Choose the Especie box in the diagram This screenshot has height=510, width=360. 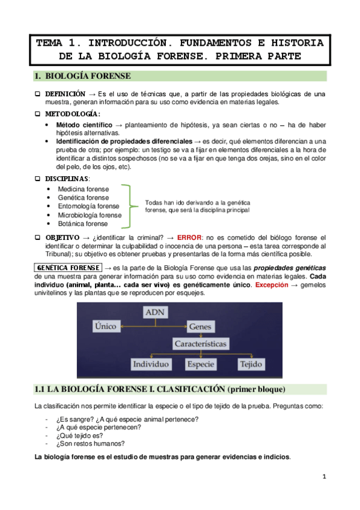pyautogui.click(x=200, y=364)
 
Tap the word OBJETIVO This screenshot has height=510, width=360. pyautogui.click(x=63, y=238)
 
